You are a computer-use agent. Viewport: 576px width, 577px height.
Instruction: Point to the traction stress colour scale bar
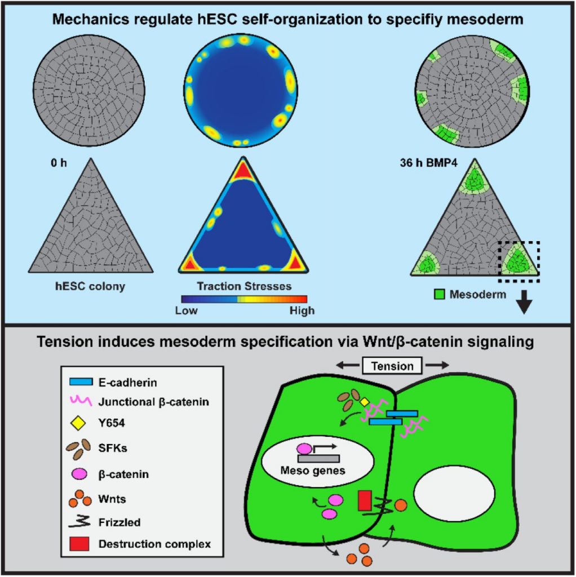tap(243, 299)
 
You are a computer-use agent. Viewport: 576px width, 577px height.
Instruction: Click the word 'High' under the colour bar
tap(300, 311)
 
